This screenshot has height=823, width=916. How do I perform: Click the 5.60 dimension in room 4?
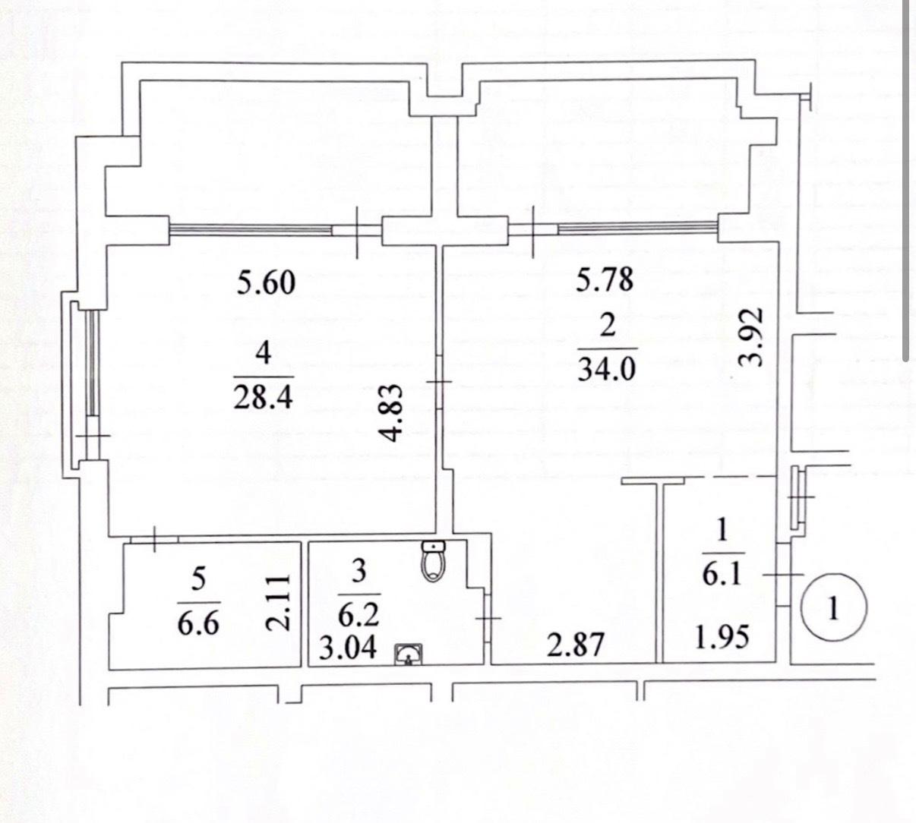pos(266,282)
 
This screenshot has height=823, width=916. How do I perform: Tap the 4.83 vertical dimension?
pos(392,413)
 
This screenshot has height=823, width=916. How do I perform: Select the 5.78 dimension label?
pos(605,279)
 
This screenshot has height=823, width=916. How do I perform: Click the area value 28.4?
pos(264,396)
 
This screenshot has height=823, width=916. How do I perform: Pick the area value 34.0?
pos(606,368)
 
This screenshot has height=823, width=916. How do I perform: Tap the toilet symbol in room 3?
pos(433,562)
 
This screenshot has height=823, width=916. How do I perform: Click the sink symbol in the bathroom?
pos(408,654)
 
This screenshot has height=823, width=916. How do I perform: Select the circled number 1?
pos(833,608)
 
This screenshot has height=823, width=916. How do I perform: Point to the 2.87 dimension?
pos(576,645)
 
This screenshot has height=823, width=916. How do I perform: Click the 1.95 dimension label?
pos(722,637)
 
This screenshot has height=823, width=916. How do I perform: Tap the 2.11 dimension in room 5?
pos(278,603)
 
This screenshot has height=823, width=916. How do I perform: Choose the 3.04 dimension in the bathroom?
pos(348,648)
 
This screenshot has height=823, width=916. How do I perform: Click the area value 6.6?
pos(198,623)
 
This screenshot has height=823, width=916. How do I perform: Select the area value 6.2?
pos(359,614)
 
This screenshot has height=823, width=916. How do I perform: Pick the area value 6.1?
pos(722,573)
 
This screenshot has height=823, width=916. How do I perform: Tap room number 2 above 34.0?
pos(607,326)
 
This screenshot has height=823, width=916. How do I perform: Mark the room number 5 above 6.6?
pos(198,580)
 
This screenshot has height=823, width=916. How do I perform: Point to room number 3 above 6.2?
pos(359,571)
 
